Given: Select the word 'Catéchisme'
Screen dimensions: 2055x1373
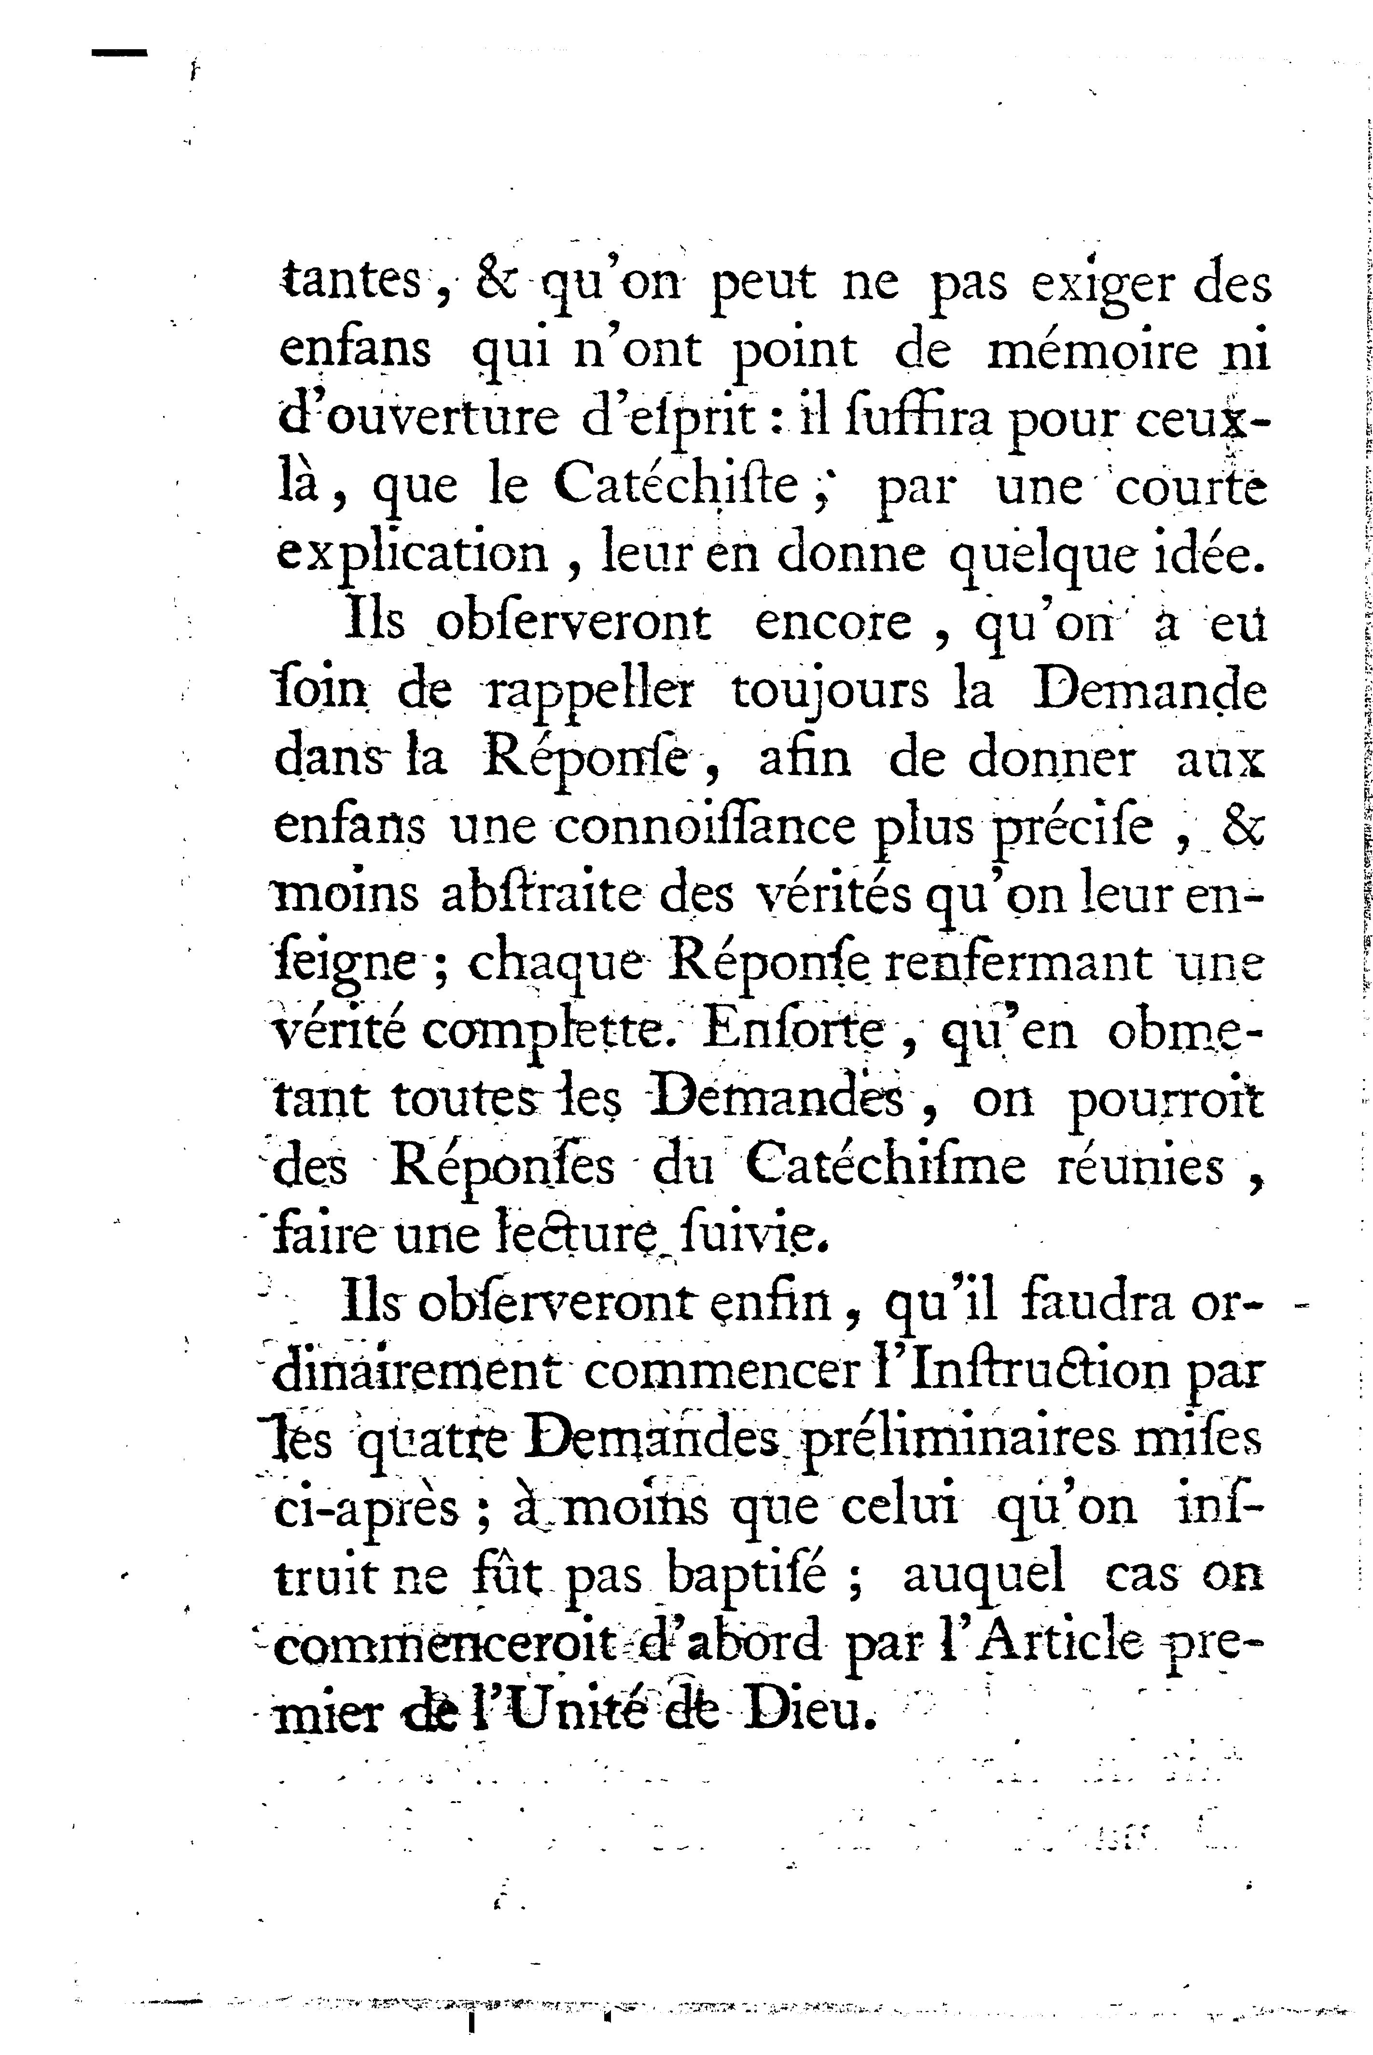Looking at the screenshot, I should (x=885, y=1166).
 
